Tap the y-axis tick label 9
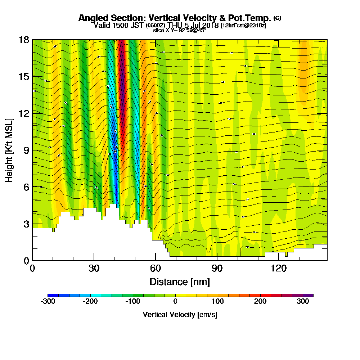(25, 150)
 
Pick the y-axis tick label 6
(25, 187)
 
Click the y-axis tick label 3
(25, 224)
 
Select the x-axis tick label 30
(94, 268)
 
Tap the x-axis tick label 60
(156, 268)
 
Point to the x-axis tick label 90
(217, 268)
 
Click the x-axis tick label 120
(279, 268)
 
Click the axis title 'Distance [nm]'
(180, 281)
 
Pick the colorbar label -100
(132, 302)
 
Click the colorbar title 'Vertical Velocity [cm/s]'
(180, 315)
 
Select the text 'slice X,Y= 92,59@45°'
(180, 31)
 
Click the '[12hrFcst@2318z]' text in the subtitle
(243, 25)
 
